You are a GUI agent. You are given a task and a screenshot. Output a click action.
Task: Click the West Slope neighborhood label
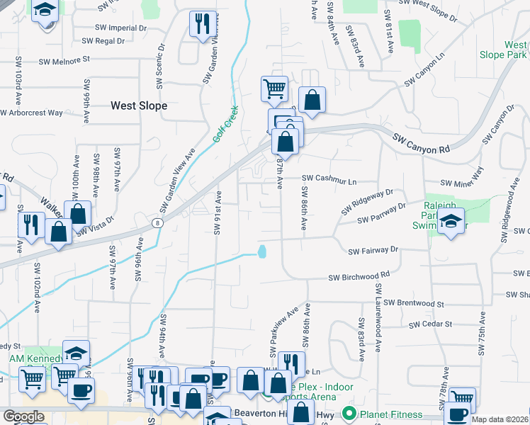click(139, 106)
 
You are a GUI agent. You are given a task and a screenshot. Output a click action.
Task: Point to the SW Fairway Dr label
click(373, 250)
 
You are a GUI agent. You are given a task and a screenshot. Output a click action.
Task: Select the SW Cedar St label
click(429, 324)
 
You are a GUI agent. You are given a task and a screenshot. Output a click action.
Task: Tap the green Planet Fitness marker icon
click(349, 414)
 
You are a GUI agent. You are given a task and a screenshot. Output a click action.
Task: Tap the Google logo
click(23, 416)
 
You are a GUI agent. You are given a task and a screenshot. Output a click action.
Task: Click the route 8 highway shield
click(158, 222)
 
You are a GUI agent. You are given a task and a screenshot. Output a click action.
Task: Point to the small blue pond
click(262, 251)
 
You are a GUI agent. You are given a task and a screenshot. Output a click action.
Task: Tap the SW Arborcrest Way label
click(31, 112)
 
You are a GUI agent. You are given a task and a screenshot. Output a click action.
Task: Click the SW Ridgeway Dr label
click(366, 202)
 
